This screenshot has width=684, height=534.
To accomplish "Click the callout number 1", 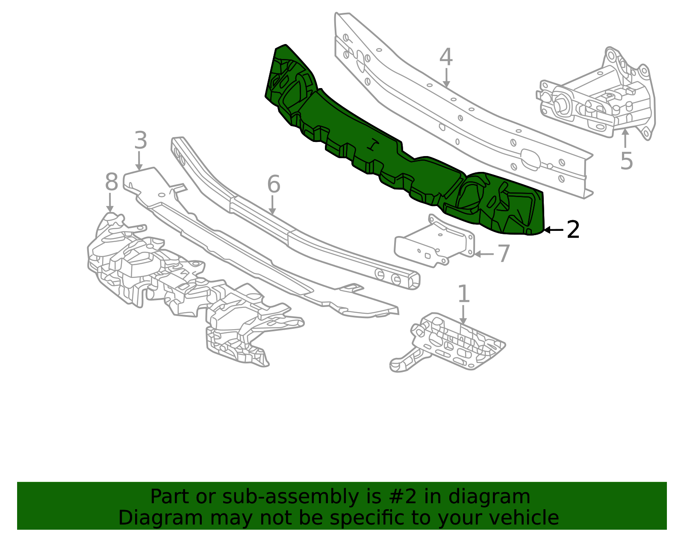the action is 463,294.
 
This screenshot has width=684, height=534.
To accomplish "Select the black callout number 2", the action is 573,230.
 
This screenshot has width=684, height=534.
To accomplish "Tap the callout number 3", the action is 140,140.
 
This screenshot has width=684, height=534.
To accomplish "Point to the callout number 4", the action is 446,57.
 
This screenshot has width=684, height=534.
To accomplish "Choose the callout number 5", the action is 626,161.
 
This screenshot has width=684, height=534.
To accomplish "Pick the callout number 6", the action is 274,184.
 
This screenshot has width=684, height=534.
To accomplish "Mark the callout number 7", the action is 504,253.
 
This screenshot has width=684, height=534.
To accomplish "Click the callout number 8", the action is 112,182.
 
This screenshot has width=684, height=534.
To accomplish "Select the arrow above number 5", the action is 625,138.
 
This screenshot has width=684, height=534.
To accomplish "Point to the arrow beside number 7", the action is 484,254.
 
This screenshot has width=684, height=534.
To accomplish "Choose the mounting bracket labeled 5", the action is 595,94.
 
